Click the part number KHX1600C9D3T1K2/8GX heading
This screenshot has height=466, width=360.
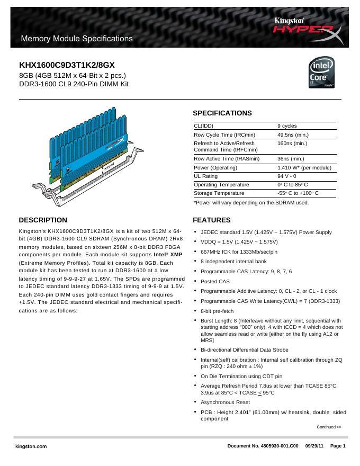point(67,65)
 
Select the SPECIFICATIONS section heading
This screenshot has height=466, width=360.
point(222,113)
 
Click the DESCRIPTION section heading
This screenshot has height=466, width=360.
point(43,220)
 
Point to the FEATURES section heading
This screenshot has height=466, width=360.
point(211,220)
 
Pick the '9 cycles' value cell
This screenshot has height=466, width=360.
point(287,126)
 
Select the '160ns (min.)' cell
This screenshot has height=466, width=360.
point(292,144)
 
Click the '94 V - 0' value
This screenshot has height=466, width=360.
point(287,176)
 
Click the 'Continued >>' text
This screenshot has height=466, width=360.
point(329,427)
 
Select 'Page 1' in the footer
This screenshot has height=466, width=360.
point(338,447)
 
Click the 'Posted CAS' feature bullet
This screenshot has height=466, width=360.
point(215,281)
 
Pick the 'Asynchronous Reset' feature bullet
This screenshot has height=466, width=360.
point(224,402)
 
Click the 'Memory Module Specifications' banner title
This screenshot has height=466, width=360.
point(76,39)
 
